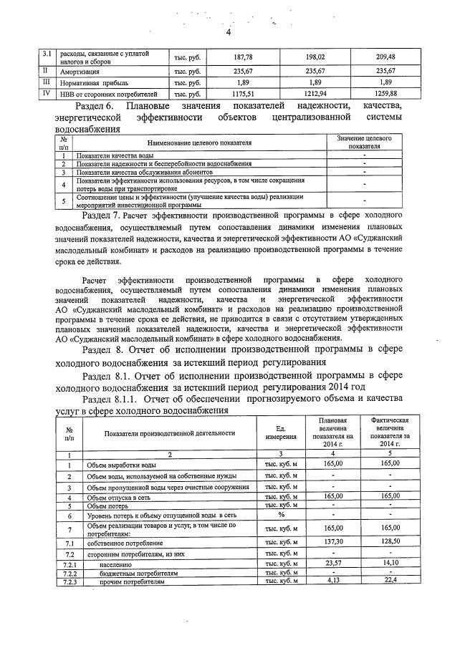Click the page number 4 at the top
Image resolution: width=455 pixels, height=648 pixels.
[x=228, y=32]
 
